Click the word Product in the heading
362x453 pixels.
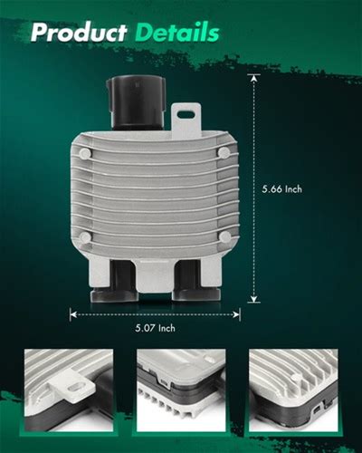(x=79, y=32)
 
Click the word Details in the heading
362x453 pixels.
(x=177, y=32)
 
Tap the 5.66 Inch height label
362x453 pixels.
(x=281, y=189)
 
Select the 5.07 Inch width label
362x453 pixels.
(x=155, y=328)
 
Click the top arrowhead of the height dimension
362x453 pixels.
(x=254, y=78)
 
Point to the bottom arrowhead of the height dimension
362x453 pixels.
(x=254, y=298)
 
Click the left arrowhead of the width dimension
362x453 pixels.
(x=73, y=314)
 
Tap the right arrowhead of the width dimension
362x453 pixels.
(x=236, y=314)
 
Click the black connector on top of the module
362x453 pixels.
(x=136, y=102)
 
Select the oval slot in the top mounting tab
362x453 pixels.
(x=186, y=114)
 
